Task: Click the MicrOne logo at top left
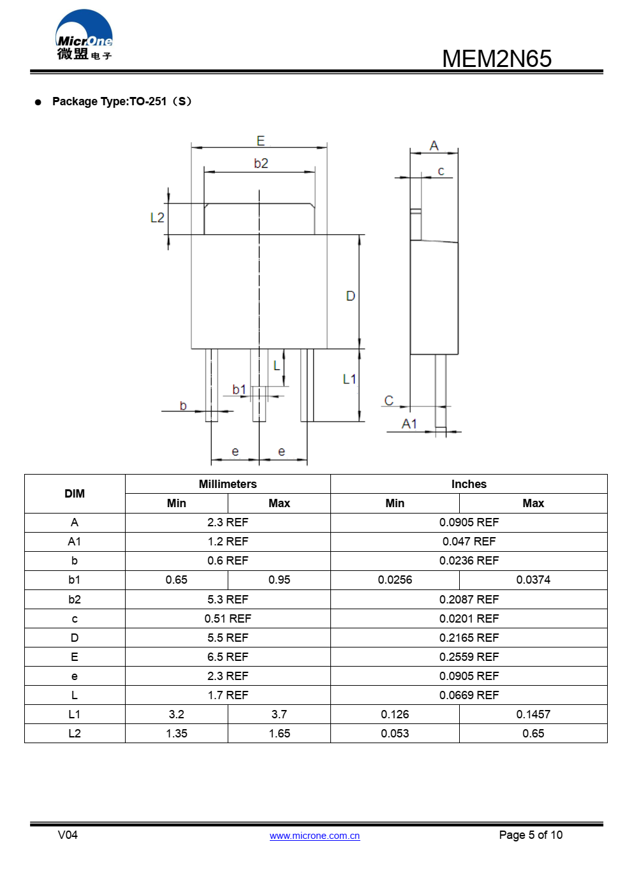(x=84, y=36)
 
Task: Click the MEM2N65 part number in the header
(x=496, y=59)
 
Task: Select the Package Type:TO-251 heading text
(x=121, y=101)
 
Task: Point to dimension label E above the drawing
(x=260, y=141)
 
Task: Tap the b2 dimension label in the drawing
(x=261, y=163)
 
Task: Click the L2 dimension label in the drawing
(x=157, y=218)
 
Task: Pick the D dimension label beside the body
(x=350, y=296)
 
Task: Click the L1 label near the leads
(x=349, y=379)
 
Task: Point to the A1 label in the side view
(x=409, y=424)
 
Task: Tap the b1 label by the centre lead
(x=239, y=389)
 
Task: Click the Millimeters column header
(x=228, y=484)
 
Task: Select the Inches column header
(x=469, y=484)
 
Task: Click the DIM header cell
(x=75, y=494)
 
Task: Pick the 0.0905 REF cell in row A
(x=469, y=522)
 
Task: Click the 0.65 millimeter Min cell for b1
(x=177, y=580)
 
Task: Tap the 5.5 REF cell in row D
(x=228, y=638)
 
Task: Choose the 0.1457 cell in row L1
(x=533, y=714)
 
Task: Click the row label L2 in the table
(x=75, y=734)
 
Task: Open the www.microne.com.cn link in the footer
(x=314, y=836)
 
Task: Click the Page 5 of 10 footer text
(x=531, y=835)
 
